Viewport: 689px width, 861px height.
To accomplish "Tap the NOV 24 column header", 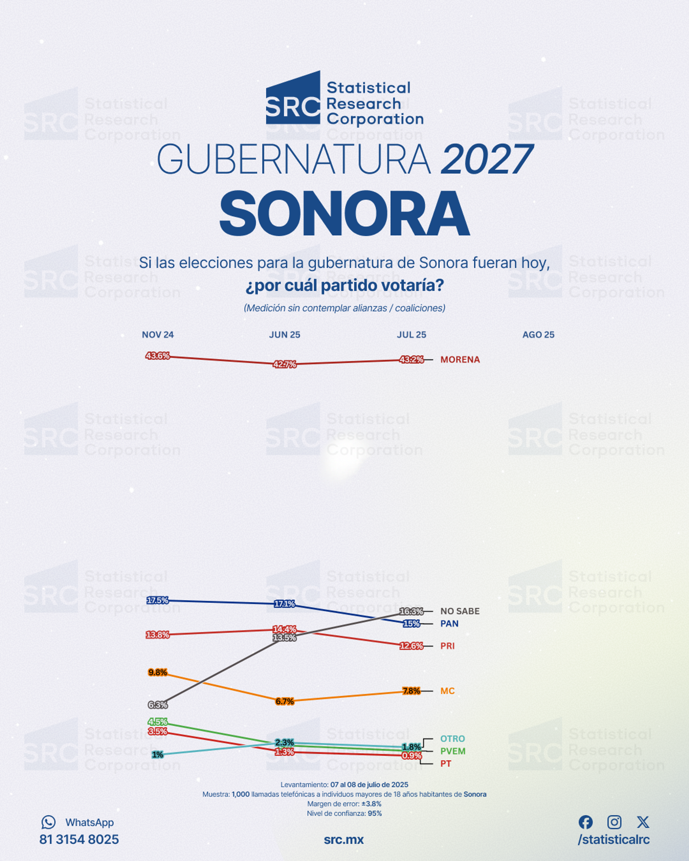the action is (158, 335).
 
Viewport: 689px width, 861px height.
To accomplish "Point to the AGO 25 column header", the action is (538, 335).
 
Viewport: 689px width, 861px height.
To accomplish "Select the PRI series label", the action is (447, 646).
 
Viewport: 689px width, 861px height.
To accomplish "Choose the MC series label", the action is (447, 691).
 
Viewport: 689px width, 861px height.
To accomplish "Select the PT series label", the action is (446, 764).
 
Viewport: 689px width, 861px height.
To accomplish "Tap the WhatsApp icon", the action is (48, 822).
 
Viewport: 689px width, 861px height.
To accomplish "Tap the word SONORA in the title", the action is (344, 214).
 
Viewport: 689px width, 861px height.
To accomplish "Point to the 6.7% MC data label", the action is (284, 701).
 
